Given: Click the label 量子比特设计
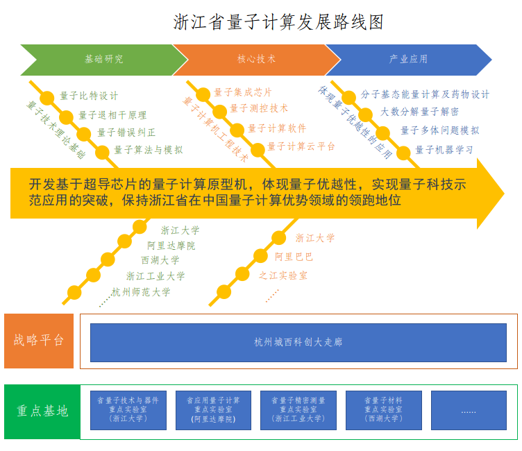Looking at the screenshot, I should pyautogui.click(x=89, y=96).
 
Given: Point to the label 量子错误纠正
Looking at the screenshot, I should pyautogui.click(x=126, y=132).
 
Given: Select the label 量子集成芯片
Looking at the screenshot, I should pyautogui.click(x=242, y=92).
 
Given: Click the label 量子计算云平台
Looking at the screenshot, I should pyautogui.click(x=301, y=146).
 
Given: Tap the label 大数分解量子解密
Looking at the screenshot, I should pyautogui.click(x=419, y=112).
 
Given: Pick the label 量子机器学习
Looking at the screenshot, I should pyautogui.click(x=444, y=149).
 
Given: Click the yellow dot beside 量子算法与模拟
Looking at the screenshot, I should pyautogui.click(x=103, y=151).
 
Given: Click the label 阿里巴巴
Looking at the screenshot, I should pyautogui.click(x=294, y=257).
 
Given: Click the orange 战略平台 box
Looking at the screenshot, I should pyautogui.click(x=39, y=341).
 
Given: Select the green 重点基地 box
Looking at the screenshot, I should pyautogui.click(x=42, y=411).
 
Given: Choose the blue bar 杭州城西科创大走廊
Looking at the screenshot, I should pyautogui.click(x=298, y=342).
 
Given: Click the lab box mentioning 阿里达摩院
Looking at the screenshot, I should pyautogui.click(x=213, y=410).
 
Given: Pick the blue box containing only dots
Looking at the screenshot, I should pyautogui.click(x=469, y=410).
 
